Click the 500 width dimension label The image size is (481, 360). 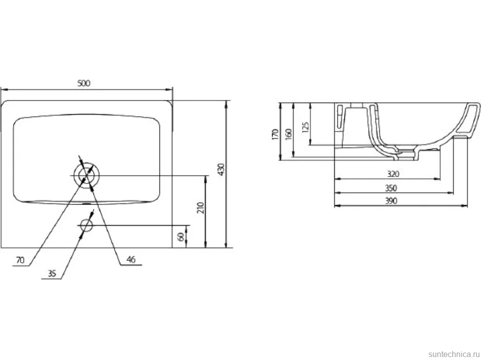click(x=84, y=83)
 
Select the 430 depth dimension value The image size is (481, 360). click(x=221, y=170)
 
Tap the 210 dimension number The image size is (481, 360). click(x=200, y=208)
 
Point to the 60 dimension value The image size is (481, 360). click(x=181, y=237)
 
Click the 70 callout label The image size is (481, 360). click(x=20, y=260)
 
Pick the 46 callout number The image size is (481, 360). click(x=131, y=259)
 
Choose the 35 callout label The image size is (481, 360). click(x=52, y=273)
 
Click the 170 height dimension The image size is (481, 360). click(x=275, y=134)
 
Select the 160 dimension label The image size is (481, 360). click(x=289, y=134)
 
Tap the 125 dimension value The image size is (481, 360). click(x=305, y=127)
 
